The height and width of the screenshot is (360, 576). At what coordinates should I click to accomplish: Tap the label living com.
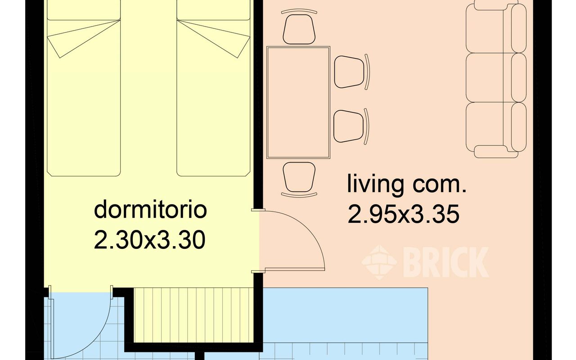point(406,185)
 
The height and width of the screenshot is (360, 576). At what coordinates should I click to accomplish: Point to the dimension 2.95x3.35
point(404,215)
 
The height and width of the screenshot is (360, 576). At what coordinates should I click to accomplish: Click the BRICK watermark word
point(445,261)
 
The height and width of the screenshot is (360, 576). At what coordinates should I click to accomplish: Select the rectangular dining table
point(298,102)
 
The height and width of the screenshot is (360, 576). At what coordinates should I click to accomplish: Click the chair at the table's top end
point(298,29)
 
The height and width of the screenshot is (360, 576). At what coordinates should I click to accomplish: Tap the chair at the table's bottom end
point(298,178)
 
